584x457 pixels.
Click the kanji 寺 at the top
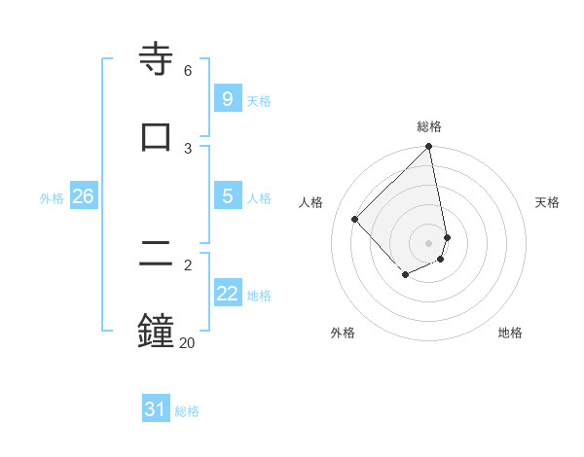pos(156,58)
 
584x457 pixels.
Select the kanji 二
pos(156,255)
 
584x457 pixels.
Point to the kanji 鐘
pos(156,331)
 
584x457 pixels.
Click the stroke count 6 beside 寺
pos(188,71)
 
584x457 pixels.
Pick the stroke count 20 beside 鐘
pos(187,342)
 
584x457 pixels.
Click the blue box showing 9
pos(227,98)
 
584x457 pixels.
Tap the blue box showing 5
pos(227,196)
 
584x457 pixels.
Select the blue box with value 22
pos(227,294)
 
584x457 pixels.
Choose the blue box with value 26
pos(83,196)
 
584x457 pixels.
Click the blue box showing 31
pos(156,410)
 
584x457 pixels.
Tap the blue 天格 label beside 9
pos(259,101)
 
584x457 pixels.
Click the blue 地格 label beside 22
pos(259,296)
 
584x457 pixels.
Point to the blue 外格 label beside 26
pos(52,198)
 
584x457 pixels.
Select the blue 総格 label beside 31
pos(187,412)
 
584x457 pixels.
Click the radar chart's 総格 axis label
pos(429,126)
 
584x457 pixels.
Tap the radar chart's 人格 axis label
pos(311,202)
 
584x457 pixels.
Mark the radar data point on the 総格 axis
pos(429,148)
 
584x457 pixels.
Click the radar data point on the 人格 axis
pos(355,219)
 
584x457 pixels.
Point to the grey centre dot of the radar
pos(429,242)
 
